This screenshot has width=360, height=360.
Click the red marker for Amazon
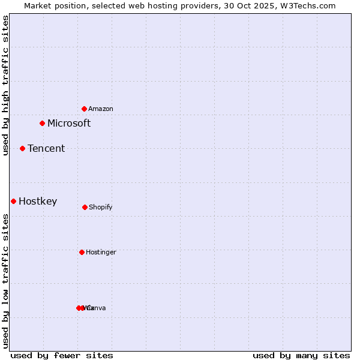coord(85,109)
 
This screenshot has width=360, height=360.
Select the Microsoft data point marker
coord(42,123)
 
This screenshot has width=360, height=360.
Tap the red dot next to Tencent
coord(22,148)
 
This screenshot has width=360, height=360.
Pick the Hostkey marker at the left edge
coord(13,201)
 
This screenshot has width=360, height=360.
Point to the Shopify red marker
coord(85,207)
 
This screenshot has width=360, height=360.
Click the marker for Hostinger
coord(82,252)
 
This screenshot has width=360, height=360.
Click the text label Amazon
coord(101,109)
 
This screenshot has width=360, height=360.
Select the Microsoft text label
coord(69,124)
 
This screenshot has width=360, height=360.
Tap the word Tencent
coord(46,149)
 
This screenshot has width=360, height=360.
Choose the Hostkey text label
coord(38,202)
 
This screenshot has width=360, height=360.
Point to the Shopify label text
coord(101,208)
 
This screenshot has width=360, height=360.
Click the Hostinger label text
coord(101,253)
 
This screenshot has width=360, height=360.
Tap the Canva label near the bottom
coord(97,308)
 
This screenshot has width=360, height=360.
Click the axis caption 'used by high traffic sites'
coord(5,86)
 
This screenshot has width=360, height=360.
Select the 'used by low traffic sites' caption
coord(5,280)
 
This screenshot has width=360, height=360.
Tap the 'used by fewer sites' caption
coord(62,355)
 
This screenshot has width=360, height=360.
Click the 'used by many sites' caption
coord(301,355)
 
